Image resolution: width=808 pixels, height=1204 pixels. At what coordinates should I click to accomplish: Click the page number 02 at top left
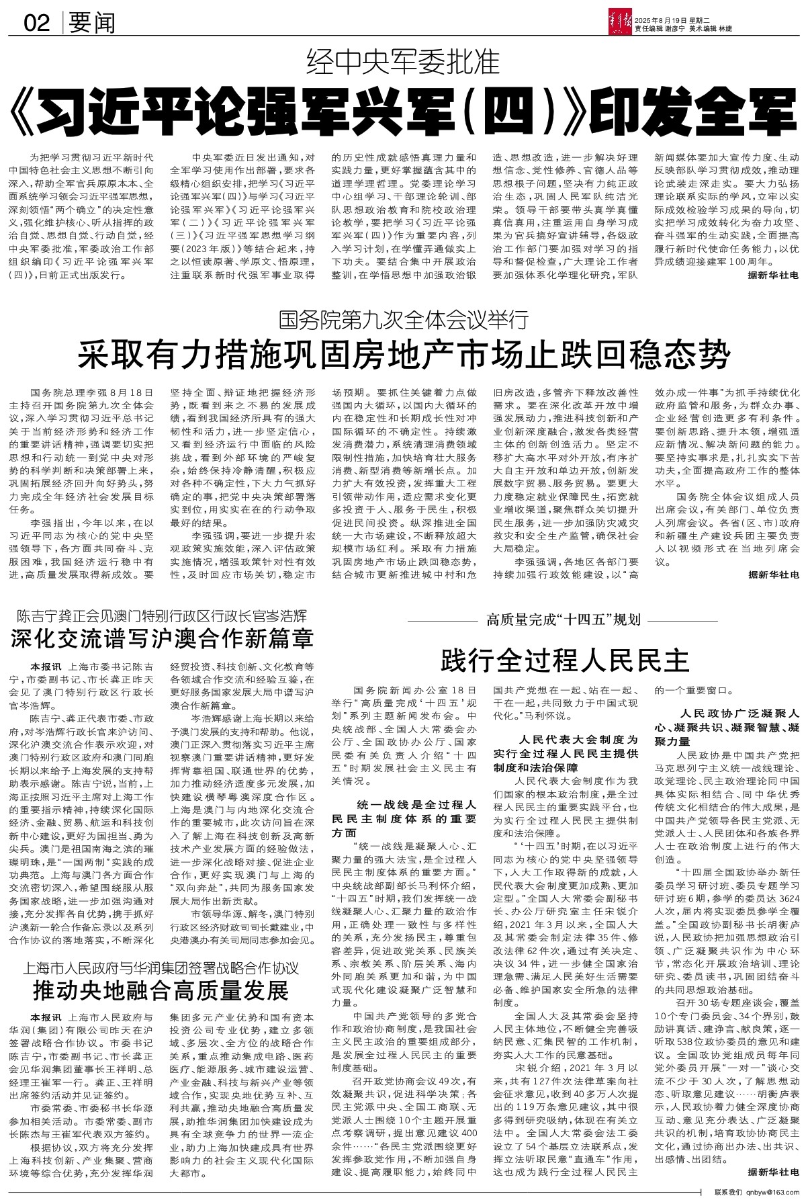(36, 24)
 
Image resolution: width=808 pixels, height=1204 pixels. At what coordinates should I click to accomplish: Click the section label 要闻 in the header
(91, 24)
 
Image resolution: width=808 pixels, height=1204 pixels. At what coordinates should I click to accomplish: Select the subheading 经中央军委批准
(403, 63)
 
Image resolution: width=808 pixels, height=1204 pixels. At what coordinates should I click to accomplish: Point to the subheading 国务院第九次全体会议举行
(404, 318)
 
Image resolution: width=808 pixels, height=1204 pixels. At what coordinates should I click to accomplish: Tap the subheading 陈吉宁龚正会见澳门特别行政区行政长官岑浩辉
(162, 614)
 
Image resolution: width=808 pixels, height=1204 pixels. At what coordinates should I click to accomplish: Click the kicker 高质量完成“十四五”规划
(564, 619)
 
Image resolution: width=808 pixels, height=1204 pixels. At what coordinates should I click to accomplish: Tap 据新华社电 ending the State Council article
(773, 574)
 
